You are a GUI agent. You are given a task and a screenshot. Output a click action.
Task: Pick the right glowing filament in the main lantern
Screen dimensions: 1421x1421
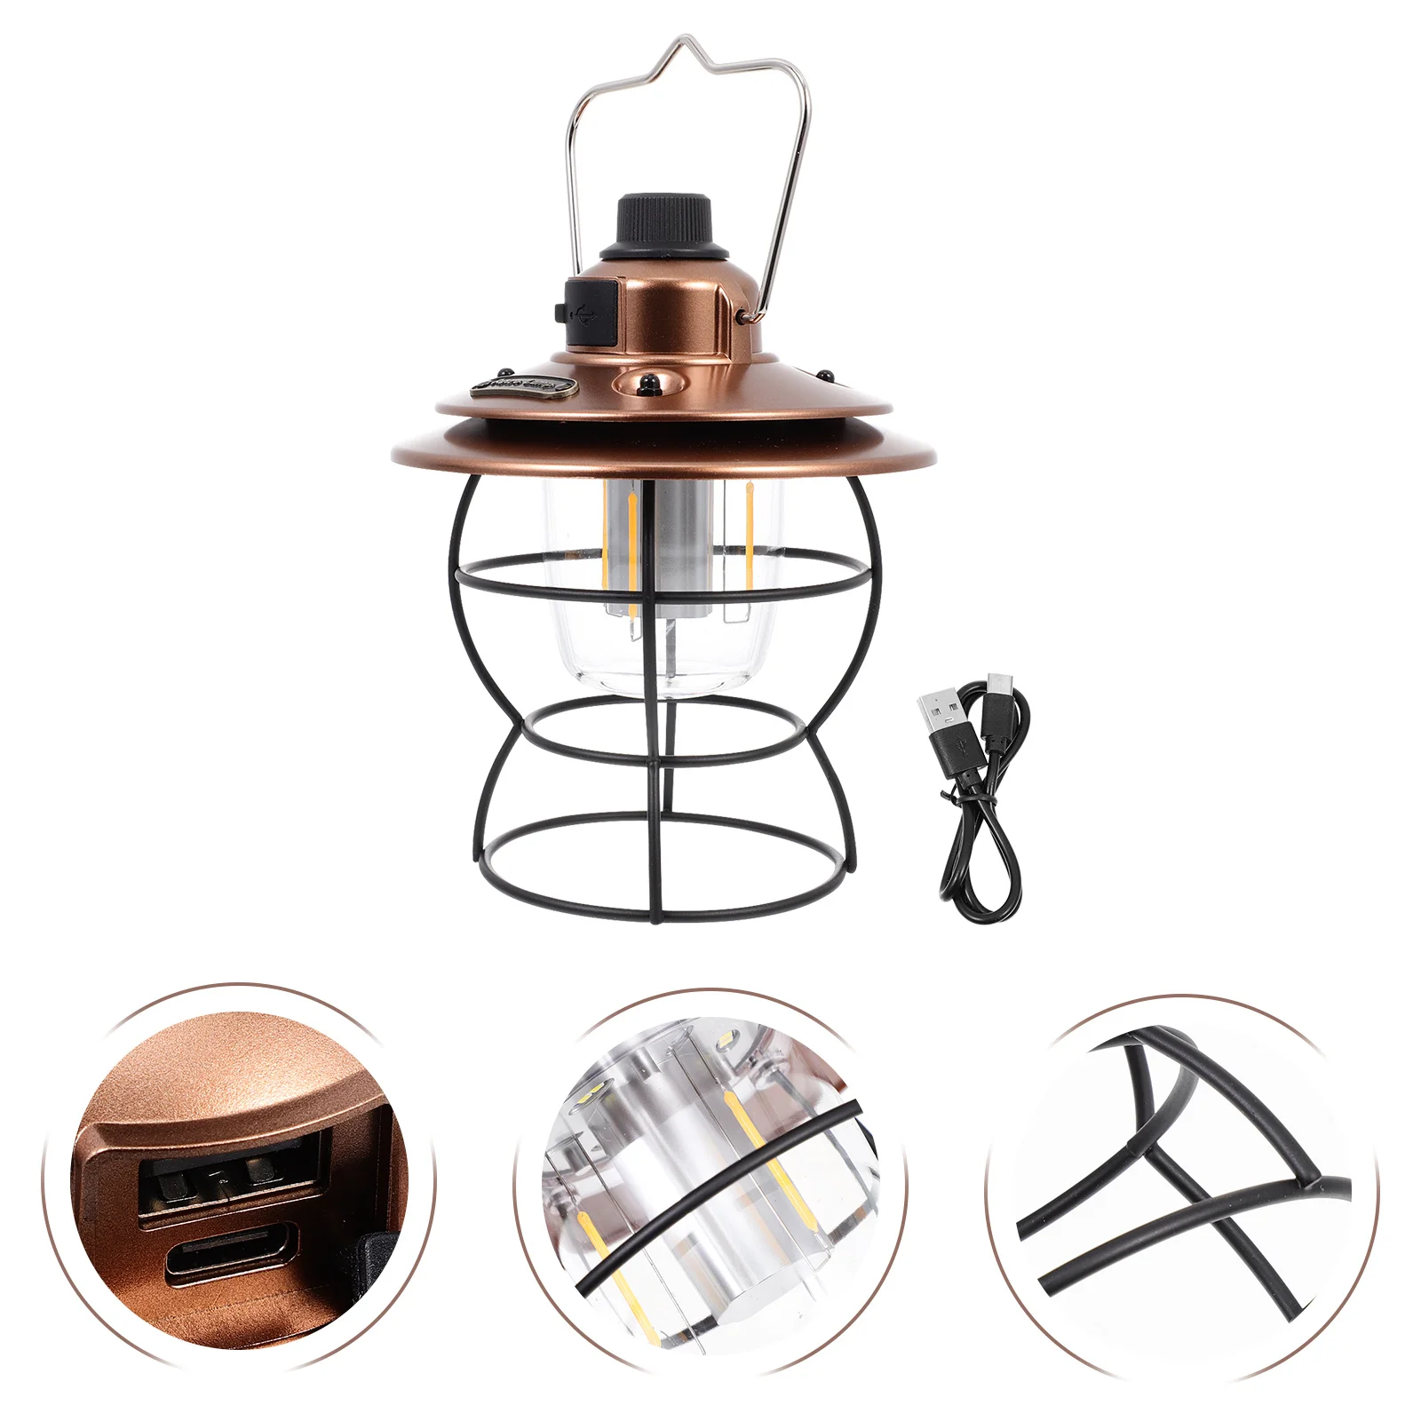point(748,533)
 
